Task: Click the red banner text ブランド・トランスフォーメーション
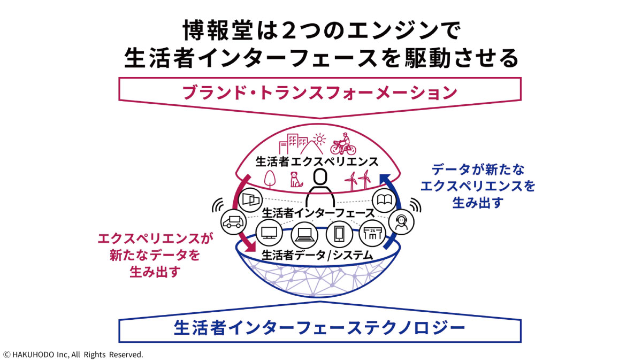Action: [x=320, y=93]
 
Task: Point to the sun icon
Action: [x=319, y=141]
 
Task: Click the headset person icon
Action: [x=402, y=221]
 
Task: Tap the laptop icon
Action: [x=304, y=234]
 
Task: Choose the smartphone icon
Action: [x=339, y=234]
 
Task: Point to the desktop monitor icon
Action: [x=269, y=233]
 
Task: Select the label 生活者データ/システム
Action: [x=317, y=256]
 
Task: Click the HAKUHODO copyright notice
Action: [x=73, y=354]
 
